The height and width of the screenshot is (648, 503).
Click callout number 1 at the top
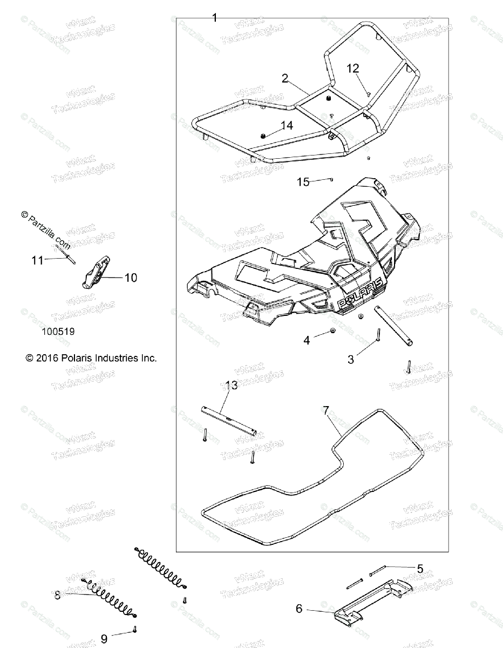pyautogui.click(x=214, y=18)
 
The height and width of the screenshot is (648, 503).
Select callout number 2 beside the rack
pyautogui.click(x=284, y=78)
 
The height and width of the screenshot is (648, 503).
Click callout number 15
pyautogui.click(x=304, y=181)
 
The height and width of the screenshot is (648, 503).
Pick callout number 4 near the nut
pyautogui.click(x=307, y=340)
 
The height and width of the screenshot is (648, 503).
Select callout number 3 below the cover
pyautogui.click(x=351, y=359)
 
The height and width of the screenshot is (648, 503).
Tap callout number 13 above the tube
pyautogui.click(x=232, y=385)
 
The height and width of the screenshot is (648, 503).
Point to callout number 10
pyautogui.click(x=131, y=278)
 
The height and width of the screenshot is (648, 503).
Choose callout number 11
pyautogui.click(x=37, y=260)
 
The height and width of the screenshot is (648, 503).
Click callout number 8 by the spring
pyautogui.click(x=57, y=596)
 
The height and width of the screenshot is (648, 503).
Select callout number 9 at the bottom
pyautogui.click(x=104, y=639)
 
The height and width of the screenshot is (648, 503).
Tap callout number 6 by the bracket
pyautogui.click(x=299, y=609)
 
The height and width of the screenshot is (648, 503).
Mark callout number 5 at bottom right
pyautogui.click(x=420, y=568)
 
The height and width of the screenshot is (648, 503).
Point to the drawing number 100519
pyautogui.click(x=57, y=332)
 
